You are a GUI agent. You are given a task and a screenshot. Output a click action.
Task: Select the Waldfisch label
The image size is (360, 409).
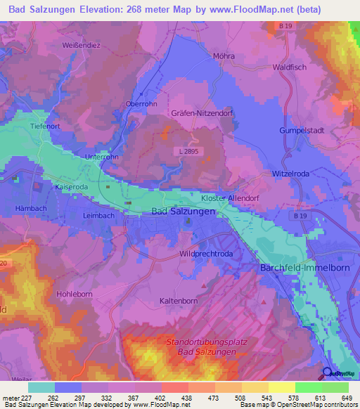288,67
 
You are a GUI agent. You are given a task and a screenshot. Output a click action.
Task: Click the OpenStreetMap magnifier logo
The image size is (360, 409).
327,374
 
